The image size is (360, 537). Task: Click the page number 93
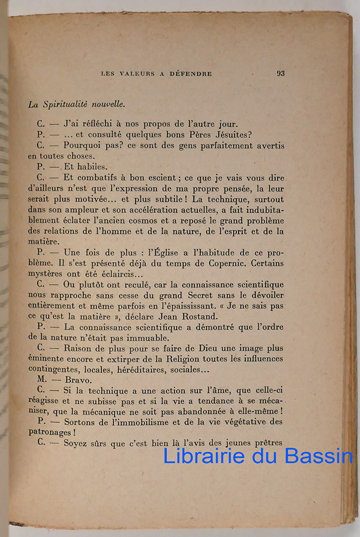click(x=280, y=74)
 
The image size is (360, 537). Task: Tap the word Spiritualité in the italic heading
click(x=65, y=105)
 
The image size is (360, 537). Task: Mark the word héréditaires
click(x=135, y=369)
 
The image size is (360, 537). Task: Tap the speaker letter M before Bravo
click(x=40, y=379)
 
